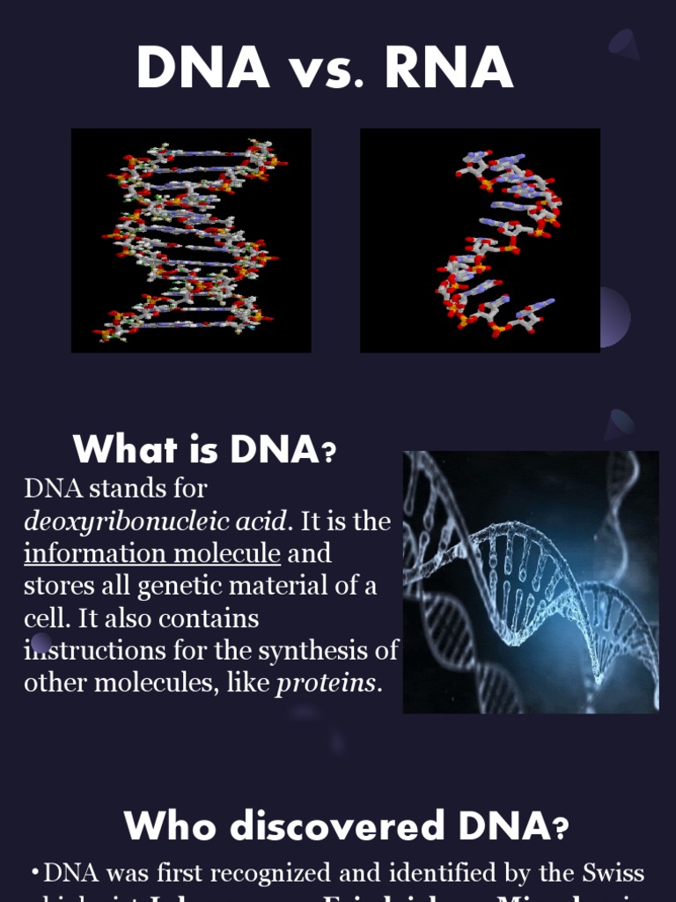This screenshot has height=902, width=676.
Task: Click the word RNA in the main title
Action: click(449, 69)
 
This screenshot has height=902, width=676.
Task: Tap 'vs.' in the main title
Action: click(327, 70)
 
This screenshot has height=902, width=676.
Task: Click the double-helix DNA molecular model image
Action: click(191, 240)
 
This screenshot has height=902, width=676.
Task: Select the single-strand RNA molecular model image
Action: click(480, 240)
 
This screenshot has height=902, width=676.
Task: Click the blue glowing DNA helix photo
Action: click(531, 581)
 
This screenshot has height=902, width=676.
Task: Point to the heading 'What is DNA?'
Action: click(205, 451)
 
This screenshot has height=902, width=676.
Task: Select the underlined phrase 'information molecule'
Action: click(152, 554)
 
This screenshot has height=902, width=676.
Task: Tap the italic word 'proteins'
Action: click(326, 684)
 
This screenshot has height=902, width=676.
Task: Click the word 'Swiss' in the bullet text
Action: click(614, 873)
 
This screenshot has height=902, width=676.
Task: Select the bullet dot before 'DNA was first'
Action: click(34, 873)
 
